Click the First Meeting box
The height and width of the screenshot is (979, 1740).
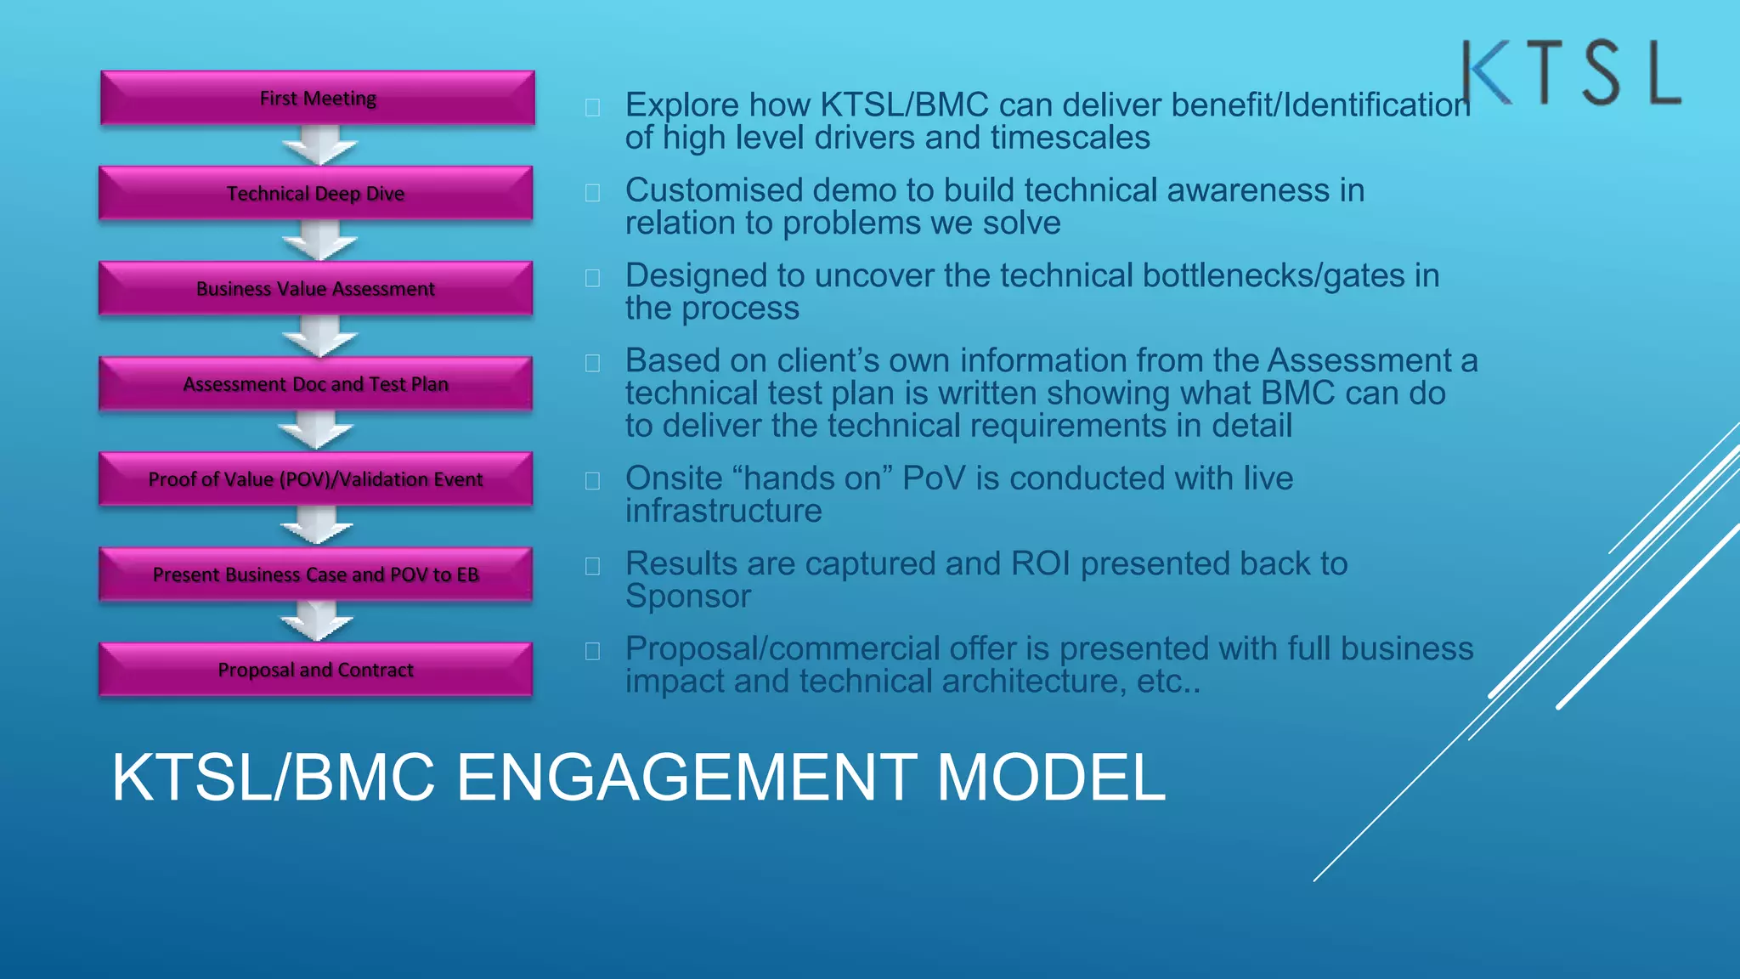[318, 99]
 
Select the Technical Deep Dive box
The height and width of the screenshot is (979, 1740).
[315, 194]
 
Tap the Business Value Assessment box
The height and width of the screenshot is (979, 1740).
[315, 289]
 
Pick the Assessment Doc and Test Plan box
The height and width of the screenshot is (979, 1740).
[315, 384]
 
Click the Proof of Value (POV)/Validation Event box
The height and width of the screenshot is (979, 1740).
[315, 479]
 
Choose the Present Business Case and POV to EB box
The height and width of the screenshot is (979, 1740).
[315, 574]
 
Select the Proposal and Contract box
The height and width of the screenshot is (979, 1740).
[315, 670]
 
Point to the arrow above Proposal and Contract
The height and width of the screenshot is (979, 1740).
[317, 621]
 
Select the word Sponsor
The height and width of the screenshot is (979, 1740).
[688, 597]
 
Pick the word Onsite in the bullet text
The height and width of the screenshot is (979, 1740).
[674, 478]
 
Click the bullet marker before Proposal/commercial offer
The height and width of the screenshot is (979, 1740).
[592, 651]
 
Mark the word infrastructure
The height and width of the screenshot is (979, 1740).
[723, 512]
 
